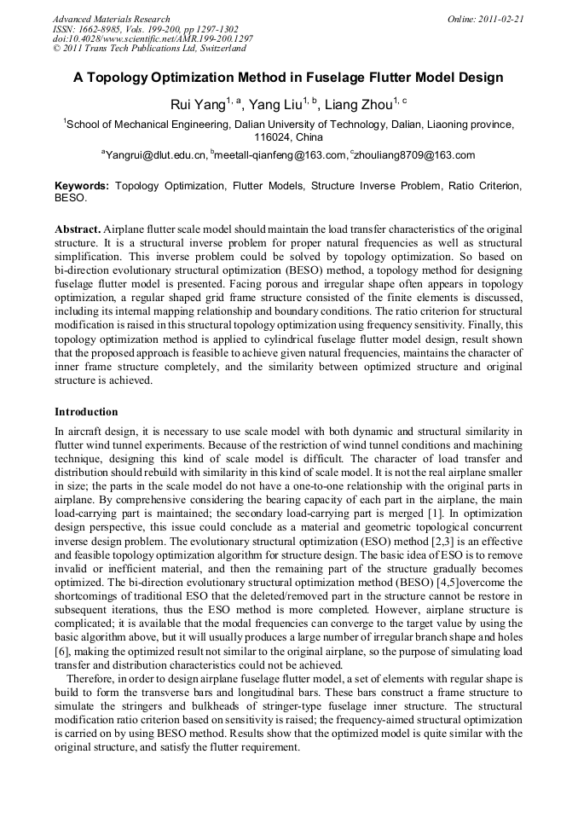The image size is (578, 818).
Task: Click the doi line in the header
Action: pyautogui.click(x=153, y=39)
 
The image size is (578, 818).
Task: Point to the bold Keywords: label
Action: pyautogui.click(x=82, y=185)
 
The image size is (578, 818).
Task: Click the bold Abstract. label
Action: pyautogui.click(x=78, y=230)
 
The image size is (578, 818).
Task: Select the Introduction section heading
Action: pyautogui.click(x=86, y=412)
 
